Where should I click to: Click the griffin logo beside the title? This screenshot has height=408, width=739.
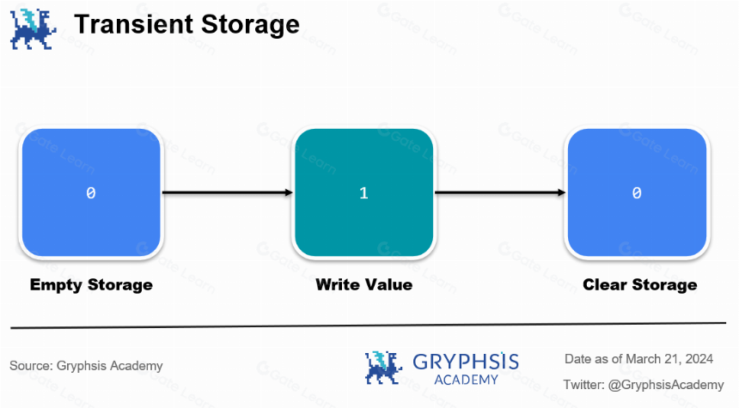click(33, 28)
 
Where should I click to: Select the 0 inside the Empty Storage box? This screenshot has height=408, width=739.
click(91, 192)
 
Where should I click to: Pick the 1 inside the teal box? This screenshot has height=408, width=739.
click(363, 192)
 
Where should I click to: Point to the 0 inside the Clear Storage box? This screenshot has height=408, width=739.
click(637, 192)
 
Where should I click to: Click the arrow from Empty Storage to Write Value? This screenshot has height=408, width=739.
click(227, 192)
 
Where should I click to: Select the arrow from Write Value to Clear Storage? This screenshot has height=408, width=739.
click(499, 192)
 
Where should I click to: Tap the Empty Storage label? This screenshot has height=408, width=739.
click(91, 285)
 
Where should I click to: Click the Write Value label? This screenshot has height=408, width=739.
click(363, 284)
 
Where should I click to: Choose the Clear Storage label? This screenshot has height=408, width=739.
click(640, 285)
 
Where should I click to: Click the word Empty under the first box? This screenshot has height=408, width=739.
click(56, 285)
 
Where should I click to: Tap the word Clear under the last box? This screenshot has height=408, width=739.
click(605, 284)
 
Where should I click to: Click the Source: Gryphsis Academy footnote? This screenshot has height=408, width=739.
click(86, 366)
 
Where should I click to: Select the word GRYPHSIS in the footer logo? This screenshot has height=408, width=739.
click(466, 362)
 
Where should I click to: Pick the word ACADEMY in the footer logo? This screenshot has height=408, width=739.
click(466, 380)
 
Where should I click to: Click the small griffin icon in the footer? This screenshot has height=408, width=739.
click(383, 368)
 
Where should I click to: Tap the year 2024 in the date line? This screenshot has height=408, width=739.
click(699, 359)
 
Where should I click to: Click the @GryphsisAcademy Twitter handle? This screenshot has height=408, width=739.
click(666, 385)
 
